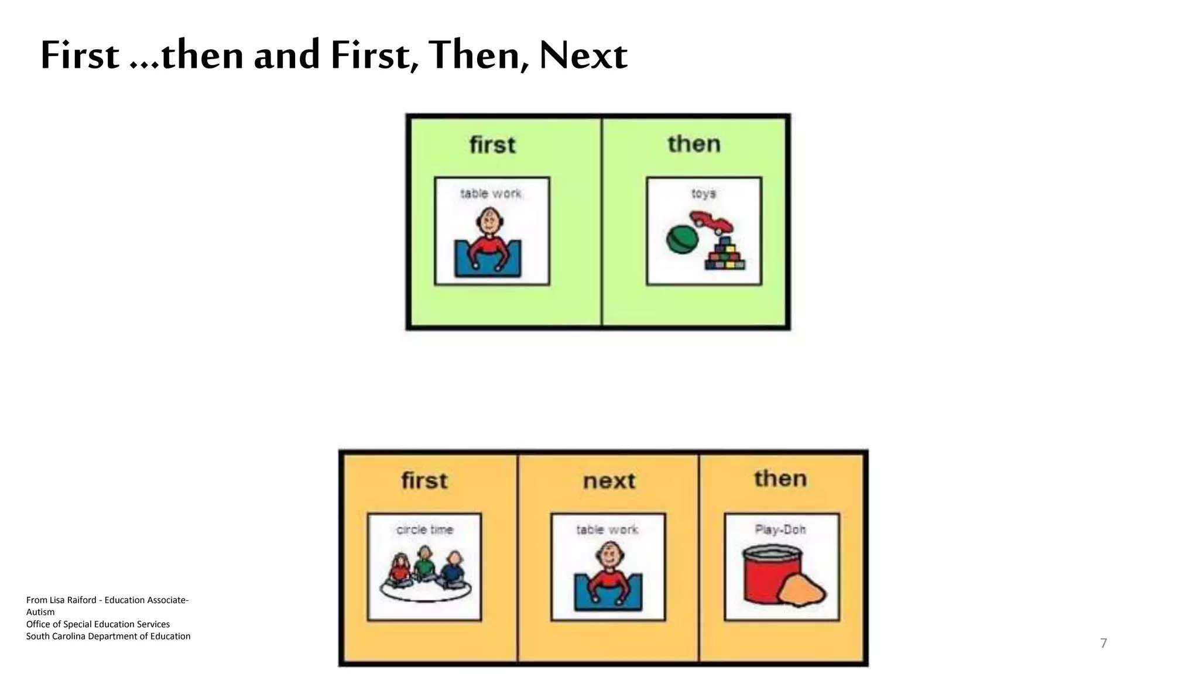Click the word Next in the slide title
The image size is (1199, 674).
pyautogui.click(x=583, y=56)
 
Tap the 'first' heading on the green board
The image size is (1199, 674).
pyautogui.click(x=492, y=145)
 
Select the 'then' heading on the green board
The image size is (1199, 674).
pyautogui.click(x=694, y=144)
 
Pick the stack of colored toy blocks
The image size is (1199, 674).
pyautogui.click(x=725, y=255)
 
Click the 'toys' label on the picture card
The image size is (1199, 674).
pyautogui.click(x=703, y=193)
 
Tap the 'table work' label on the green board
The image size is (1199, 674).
pyautogui.click(x=491, y=193)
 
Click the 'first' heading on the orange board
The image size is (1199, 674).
pyautogui.click(x=424, y=480)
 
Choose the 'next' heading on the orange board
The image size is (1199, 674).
pyautogui.click(x=609, y=481)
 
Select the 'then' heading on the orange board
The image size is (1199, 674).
pyautogui.click(x=780, y=479)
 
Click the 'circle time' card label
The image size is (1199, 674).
pyautogui.click(x=424, y=529)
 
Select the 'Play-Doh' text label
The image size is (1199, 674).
pyautogui.click(x=780, y=529)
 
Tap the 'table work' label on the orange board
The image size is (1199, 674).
pyautogui.click(x=607, y=529)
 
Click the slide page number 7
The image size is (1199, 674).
pyautogui.click(x=1103, y=644)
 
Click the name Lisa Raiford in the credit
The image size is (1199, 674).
pyautogui.click(x=73, y=600)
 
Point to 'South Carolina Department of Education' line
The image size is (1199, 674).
pyautogui.click(x=108, y=636)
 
